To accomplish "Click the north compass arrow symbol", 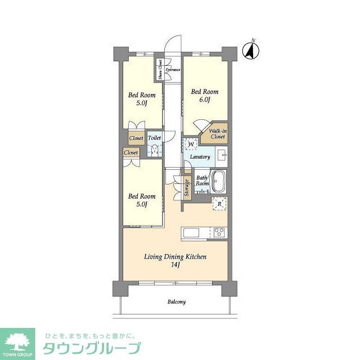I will (251, 51).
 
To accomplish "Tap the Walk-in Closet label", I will (218, 133).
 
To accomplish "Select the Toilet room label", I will (154, 137).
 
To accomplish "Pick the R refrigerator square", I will (219, 204).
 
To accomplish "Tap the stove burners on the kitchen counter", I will (219, 232).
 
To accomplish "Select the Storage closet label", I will (187, 188).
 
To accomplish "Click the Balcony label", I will (176, 302).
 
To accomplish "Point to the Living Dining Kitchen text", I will (175, 257).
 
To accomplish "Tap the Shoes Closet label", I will (160, 69).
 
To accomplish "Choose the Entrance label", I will (173, 70).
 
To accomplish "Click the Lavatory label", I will (200, 157).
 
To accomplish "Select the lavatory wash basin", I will (222, 155).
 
